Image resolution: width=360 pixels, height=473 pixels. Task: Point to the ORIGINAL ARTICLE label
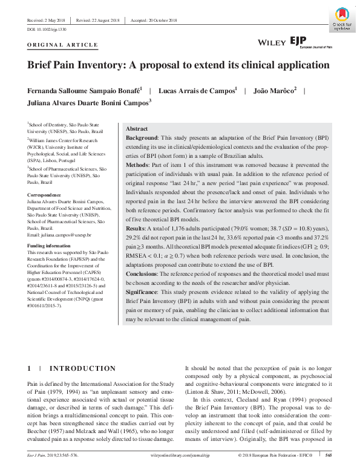62,45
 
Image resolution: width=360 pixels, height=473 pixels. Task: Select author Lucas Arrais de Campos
197,90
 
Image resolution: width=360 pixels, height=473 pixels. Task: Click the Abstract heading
137,129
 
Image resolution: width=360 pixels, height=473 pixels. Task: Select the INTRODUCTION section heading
82,368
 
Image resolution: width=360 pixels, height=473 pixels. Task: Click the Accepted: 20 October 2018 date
157,19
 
